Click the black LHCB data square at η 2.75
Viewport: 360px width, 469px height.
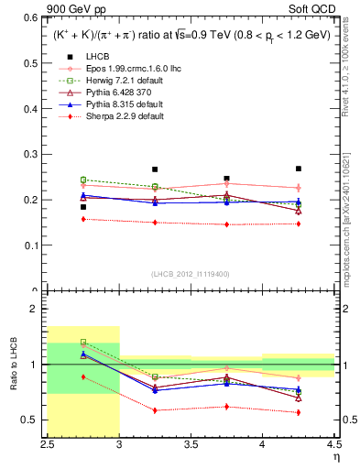coord(83,207)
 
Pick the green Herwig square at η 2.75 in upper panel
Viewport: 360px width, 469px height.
coord(83,180)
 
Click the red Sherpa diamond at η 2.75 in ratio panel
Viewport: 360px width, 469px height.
coord(83,376)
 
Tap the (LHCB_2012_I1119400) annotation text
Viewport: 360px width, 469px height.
coord(190,273)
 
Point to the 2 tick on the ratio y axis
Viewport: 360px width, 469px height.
coord(37,309)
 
